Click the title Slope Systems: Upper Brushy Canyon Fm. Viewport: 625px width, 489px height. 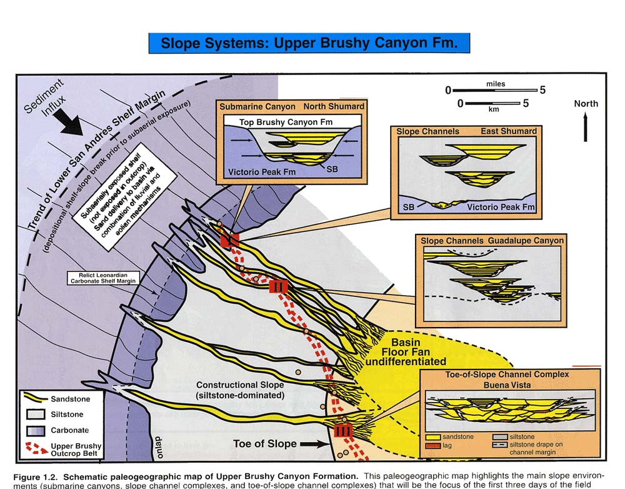point(309,43)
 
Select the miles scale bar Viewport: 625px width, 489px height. point(494,90)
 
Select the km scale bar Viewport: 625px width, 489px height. point(490,103)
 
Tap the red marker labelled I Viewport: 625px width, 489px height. point(229,239)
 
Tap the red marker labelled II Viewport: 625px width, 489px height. point(277,287)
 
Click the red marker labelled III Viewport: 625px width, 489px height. point(344,430)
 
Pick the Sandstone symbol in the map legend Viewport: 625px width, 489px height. point(37,398)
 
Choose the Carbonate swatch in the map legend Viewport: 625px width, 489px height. point(37,430)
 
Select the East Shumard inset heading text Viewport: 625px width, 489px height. point(510,131)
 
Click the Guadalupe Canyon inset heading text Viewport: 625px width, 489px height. point(529,240)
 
